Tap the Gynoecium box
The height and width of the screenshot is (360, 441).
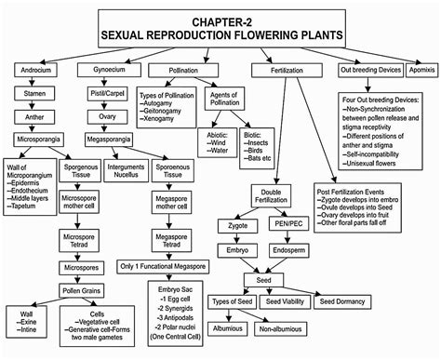click(102, 70)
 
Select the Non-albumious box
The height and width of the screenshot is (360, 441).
click(276, 329)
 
